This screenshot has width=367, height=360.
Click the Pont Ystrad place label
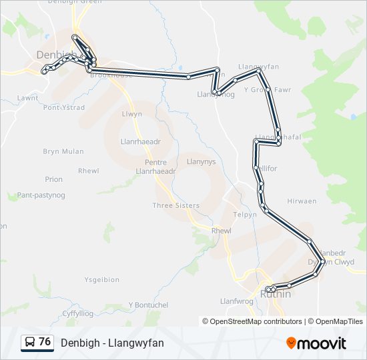[x=63, y=107]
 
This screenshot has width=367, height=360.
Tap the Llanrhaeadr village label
[x=139, y=142]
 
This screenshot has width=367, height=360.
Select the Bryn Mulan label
[x=63, y=151]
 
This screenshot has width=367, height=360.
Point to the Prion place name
[x=54, y=179]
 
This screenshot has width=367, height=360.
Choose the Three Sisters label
[x=175, y=205]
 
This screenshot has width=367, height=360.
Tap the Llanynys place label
[x=201, y=161]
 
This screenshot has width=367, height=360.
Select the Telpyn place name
[x=245, y=215]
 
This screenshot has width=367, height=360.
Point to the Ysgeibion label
[x=102, y=279]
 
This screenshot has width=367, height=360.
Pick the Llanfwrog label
[x=237, y=301]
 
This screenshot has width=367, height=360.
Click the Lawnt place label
[x=27, y=97]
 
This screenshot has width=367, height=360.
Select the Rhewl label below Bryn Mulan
[x=88, y=171]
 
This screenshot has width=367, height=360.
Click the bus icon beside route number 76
[x=30, y=343]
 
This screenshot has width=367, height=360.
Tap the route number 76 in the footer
[x=45, y=342]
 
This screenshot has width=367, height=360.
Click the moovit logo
[x=316, y=343]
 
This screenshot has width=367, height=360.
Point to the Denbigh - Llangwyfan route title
[x=112, y=343]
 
